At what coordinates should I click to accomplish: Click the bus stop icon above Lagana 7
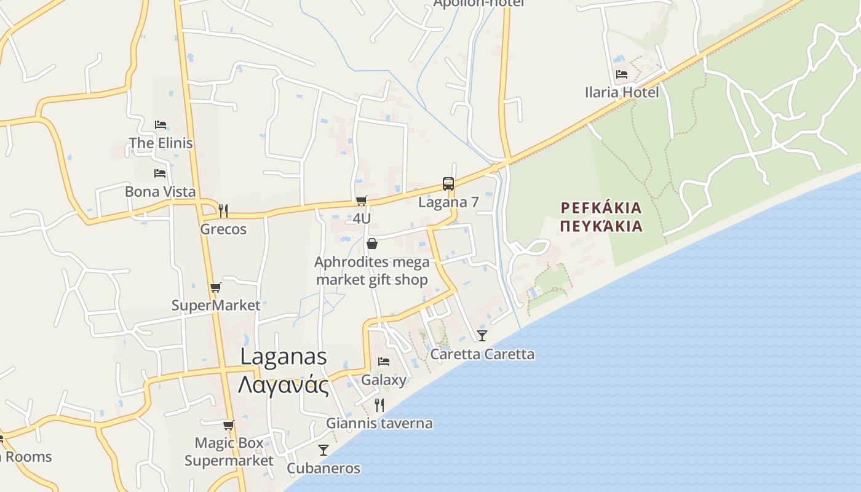click(x=448, y=183)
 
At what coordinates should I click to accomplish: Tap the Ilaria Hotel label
click(x=622, y=92)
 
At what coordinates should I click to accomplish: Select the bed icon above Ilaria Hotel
click(x=622, y=74)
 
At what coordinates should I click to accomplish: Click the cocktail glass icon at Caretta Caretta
click(x=482, y=336)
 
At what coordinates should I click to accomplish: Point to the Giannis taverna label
click(x=379, y=423)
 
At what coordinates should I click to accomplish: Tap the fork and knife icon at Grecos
click(x=223, y=210)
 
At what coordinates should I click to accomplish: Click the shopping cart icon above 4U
click(x=362, y=200)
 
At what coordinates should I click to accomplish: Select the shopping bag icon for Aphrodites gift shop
click(x=371, y=244)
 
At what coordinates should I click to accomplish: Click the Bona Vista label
click(x=160, y=191)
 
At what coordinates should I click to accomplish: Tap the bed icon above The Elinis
click(x=161, y=125)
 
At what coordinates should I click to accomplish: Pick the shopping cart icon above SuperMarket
click(x=215, y=287)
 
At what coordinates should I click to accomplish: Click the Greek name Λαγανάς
click(x=283, y=385)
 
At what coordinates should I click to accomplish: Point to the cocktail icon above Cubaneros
click(x=323, y=450)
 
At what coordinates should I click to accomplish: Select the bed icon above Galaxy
click(x=384, y=361)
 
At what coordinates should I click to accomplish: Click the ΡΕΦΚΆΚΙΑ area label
click(x=601, y=207)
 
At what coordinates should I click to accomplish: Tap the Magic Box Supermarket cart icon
click(x=229, y=425)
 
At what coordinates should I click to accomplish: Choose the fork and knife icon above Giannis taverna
click(x=379, y=405)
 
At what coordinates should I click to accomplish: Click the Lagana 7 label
click(x=448, y=202)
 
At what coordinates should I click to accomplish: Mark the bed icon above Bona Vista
click(x=160, y=173)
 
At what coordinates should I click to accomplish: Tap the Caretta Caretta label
click(x=482, y=354)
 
